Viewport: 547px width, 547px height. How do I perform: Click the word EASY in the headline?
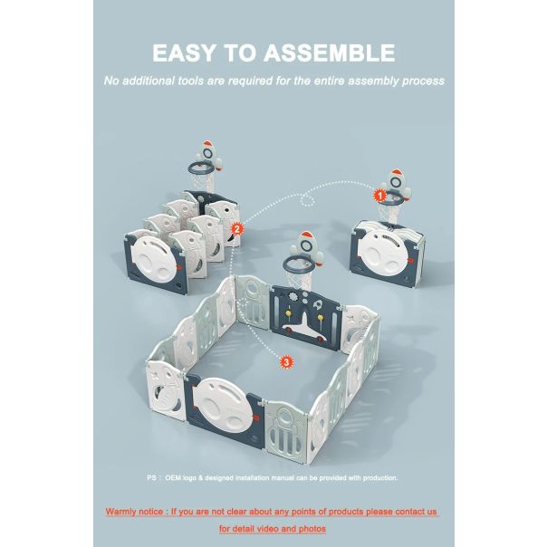tap(184, 53)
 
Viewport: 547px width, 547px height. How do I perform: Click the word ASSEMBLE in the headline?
tap(329, 53)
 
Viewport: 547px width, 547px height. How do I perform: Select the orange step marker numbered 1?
tap(379, 195)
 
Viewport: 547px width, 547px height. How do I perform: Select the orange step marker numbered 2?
tap(237, 229)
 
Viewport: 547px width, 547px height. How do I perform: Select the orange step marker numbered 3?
tap(286, 362)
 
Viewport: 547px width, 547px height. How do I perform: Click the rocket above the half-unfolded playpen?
tap(208, 156)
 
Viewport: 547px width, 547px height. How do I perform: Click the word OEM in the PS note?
tap(173, 477)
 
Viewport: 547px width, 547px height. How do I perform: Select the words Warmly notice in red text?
tap(134, 512)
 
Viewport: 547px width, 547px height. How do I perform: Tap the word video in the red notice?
tap(267, 529)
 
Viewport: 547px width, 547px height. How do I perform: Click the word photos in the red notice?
tap(312, 529)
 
